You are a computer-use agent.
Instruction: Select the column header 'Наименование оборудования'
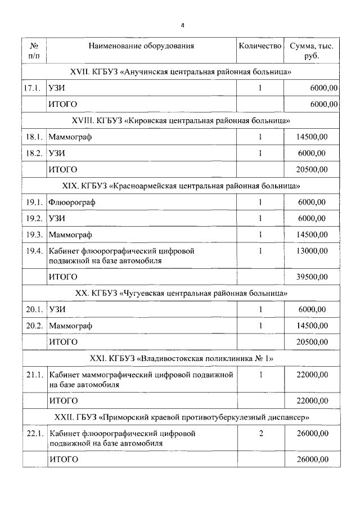click(x=141, y=46)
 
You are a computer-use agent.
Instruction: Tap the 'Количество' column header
click(x=260, y=46)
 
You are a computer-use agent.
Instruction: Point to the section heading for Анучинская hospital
click(x=180, y=72)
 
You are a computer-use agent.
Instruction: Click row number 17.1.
click(x=34, y=88)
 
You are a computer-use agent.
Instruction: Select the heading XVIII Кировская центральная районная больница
click(x=180, y=121)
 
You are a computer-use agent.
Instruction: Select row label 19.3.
click(x=34, y=235)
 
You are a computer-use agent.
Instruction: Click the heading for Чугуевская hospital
click(x=181, y=293)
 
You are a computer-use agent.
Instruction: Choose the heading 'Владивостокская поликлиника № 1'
click(x=181, y=358)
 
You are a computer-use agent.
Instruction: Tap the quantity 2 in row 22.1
click(x=260, y=434)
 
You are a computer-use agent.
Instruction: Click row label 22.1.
click(x=34, y=434)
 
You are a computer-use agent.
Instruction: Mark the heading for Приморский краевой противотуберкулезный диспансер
click(x=181, y=417)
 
